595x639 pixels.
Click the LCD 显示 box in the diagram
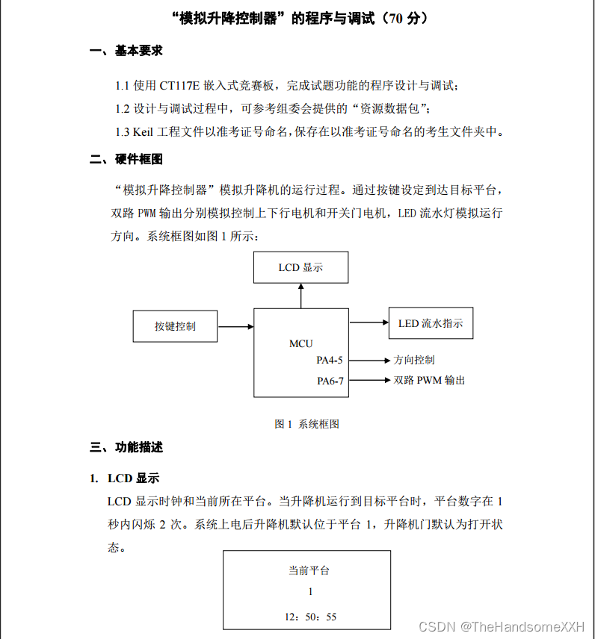pyautogui.click(x=300, y=267)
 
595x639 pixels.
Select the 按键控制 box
pyautogui.click(x=175, y=326)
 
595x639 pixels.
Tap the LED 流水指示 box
pyautogui.click(x=431, y=323)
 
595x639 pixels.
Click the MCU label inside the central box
pyautogui.click(x=300, y=344)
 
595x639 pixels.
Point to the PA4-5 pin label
pyautogui.click(x=330, y=361)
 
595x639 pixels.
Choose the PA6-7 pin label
pyautogui.click(x=330, y=380)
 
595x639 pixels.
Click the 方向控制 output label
pyautogui.click(x=413, y=361)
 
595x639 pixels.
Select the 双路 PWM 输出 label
pyautogui.click(x=429, y=380)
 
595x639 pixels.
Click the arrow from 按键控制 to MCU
pyautogui.click(x=235, y=326)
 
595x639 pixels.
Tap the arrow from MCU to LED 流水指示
pyautogui.click(x=368, y=322)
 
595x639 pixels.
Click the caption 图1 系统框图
pyautogui.click(x=306, y=424)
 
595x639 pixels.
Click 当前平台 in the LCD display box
pyautogui.click(x=309, y=570)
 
